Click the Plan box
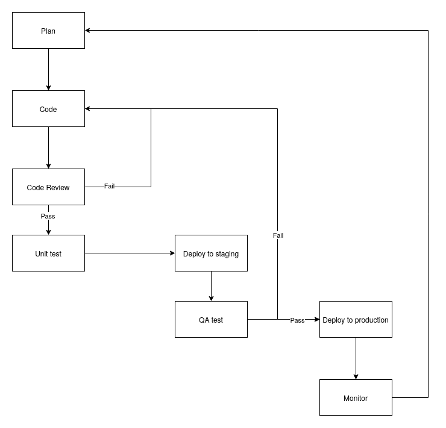[48, 31]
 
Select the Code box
[48, 109]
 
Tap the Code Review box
[48, 187]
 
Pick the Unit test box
[48, 253]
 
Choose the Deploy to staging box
[211, 253]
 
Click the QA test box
[211, 320]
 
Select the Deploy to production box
[356, 320]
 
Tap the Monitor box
[356, 398]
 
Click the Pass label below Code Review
[48, 216]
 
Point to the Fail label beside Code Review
[109, 186]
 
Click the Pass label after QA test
[297, 320]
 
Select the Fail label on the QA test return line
[278, 235]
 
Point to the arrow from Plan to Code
[48, 69]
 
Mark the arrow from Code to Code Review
[48, 147]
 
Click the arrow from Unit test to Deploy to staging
[130, 253]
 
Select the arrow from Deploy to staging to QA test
[211, 286]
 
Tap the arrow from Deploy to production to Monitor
[356, 358]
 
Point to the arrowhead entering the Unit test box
[48, 231]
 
